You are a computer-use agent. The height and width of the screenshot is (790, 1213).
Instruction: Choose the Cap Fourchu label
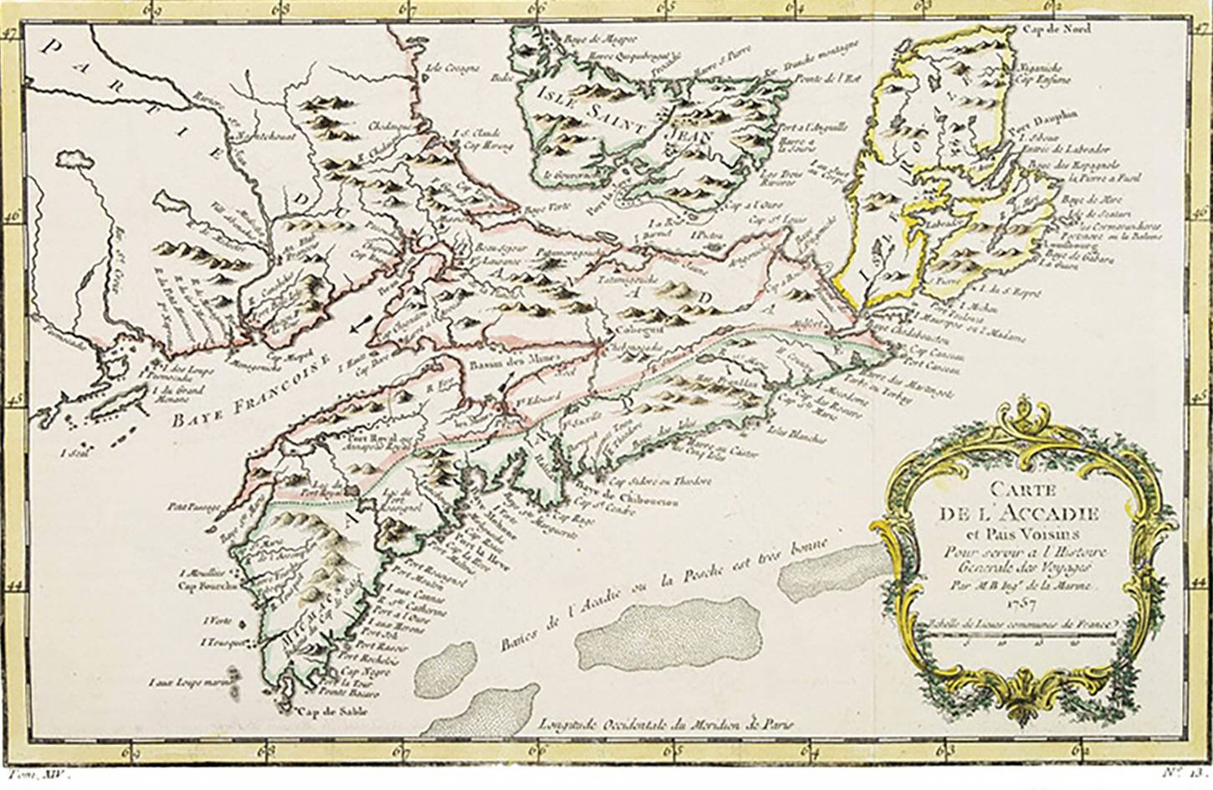point(198,586)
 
